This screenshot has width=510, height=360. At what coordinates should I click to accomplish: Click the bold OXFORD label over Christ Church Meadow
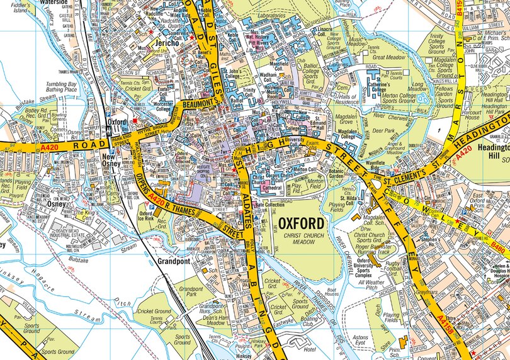click(302, 223)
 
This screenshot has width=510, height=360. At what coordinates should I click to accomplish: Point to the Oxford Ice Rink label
click(145, 218)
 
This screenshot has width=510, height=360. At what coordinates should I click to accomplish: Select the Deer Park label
click(385, 131)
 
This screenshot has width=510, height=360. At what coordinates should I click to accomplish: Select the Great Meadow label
click(395, 57)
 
